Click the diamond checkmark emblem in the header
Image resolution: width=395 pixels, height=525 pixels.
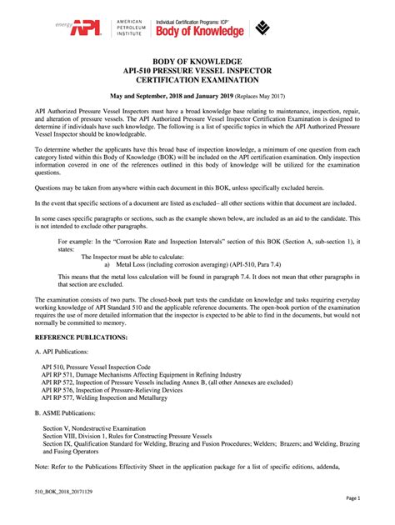click(265, 28)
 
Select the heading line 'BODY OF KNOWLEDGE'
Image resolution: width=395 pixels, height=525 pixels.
click(197, 62)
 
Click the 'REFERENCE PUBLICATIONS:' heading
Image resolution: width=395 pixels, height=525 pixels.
click(81, 337)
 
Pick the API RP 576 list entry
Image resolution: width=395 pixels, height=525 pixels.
click(111, 390)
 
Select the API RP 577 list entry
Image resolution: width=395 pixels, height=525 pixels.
click(114, 398)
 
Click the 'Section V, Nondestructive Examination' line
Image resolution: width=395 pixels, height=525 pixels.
click(97, 426)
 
